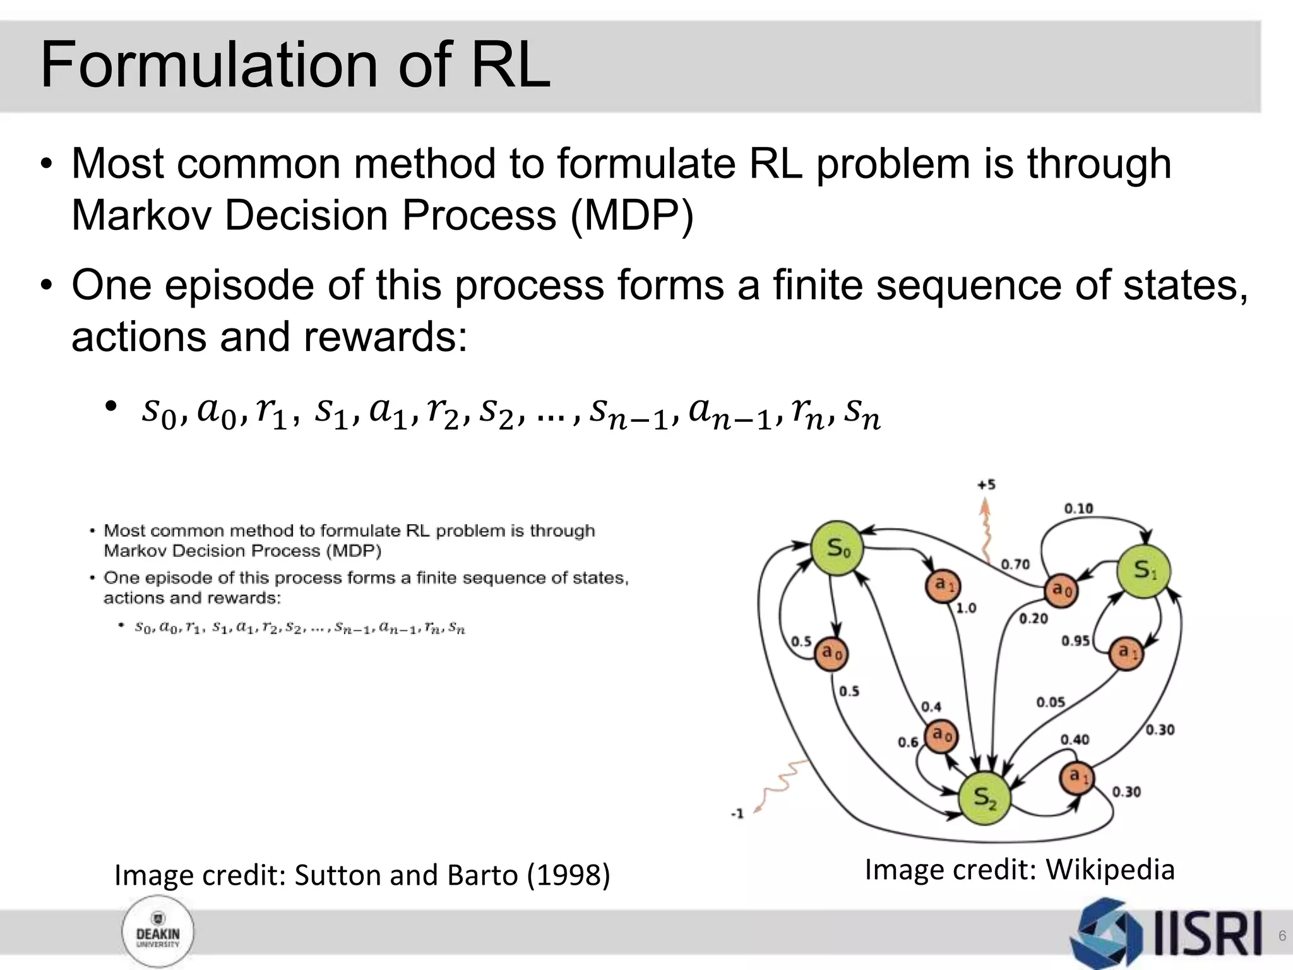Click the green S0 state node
837,548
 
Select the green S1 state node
1143,571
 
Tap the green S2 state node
984,798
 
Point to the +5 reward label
986,485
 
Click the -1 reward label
737,813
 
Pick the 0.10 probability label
1078,508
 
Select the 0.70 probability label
1015,564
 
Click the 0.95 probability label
1075,641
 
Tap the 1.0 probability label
966,608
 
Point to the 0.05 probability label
1051,702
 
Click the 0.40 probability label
1075,739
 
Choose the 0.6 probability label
908,742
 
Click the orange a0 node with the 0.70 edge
1061,591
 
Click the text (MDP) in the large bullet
631,216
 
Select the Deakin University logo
158,933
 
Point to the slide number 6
1282,936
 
